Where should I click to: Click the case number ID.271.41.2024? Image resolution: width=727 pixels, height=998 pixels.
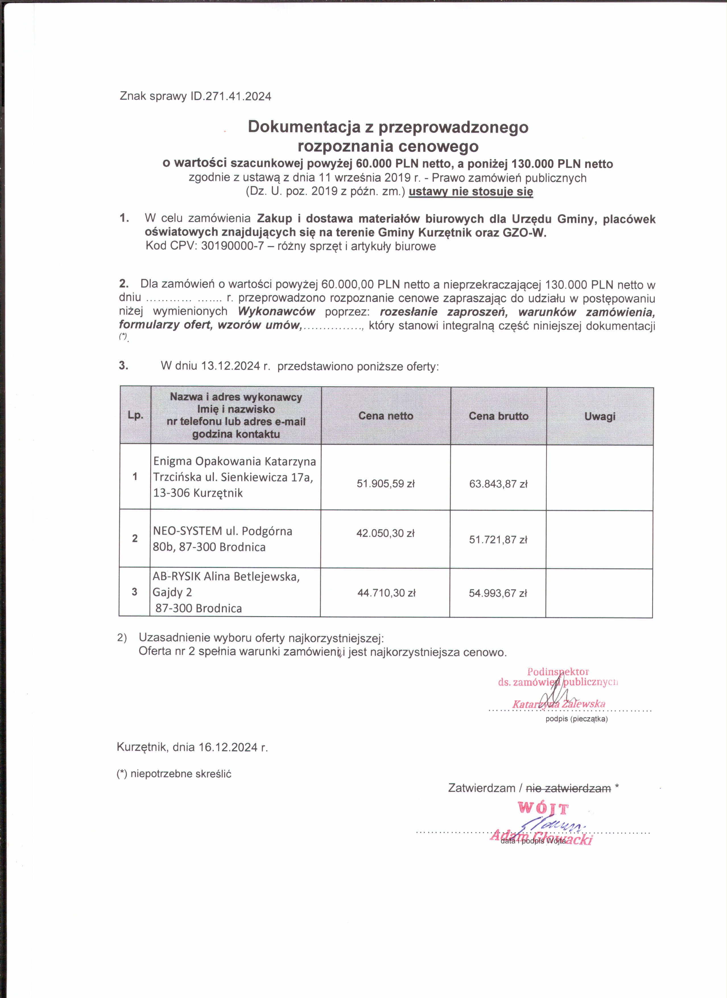coord(230,96)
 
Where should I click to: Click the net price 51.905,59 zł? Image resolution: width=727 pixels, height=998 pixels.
coord(386,484)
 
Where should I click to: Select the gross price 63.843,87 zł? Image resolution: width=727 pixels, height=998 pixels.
coord(498,484)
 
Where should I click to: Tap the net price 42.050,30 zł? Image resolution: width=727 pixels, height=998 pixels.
coord(385,533)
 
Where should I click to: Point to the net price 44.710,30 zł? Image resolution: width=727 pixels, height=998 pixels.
coord(386,593)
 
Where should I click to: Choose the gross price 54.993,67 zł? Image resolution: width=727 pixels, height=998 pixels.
coord(497,593)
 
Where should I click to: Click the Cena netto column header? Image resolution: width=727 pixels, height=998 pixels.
coord(386,416)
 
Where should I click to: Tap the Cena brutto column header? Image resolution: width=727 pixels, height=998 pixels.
coord(499,416)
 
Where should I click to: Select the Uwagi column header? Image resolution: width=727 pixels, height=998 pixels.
coord(600,416)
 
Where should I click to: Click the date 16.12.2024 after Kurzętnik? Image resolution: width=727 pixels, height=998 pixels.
coord(228,747)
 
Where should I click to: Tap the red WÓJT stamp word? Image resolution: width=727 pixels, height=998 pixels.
coord(543,808)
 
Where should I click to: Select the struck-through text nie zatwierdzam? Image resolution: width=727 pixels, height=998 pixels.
coord(568,788)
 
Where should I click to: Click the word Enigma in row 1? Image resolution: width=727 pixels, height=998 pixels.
coord(173,461)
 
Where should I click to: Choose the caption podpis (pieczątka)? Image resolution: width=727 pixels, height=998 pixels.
coord(577,719)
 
